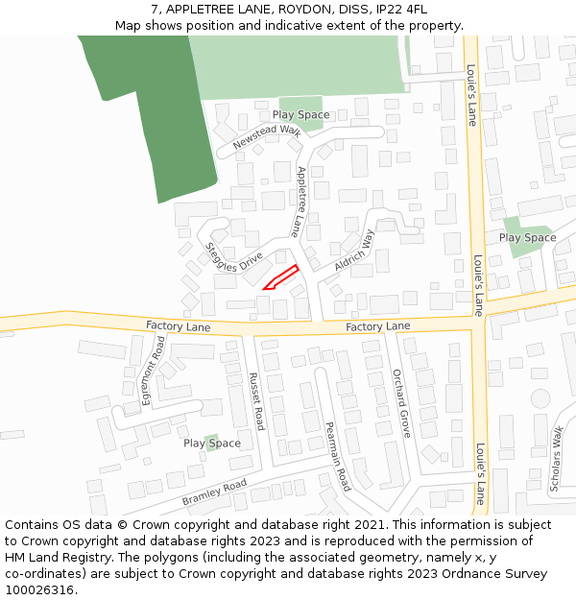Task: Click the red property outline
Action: coord(280,277)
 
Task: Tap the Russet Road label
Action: coord(256,401)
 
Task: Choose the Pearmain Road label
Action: coord(337,456)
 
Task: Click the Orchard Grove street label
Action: coord(401,403)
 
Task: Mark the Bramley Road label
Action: coord(214,492)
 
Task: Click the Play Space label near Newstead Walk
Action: coord(300,115)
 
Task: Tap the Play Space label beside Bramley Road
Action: coord(212,444)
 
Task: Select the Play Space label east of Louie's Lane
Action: coord(527,237)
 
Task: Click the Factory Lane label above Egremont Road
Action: coord(179,326)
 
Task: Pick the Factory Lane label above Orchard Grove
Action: coord(378,326)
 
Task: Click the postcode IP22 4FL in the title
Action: coord(402,9)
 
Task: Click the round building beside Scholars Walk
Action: coord(540,397)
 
